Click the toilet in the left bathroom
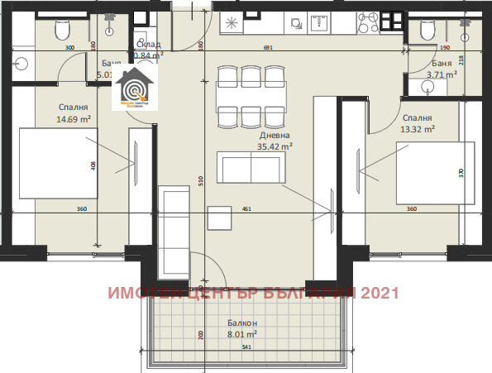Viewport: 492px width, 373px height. point(60,31)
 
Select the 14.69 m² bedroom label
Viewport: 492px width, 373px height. point(74,113)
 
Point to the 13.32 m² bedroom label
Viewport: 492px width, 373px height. point(417,123)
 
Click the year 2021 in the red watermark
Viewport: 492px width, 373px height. point(381,293)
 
